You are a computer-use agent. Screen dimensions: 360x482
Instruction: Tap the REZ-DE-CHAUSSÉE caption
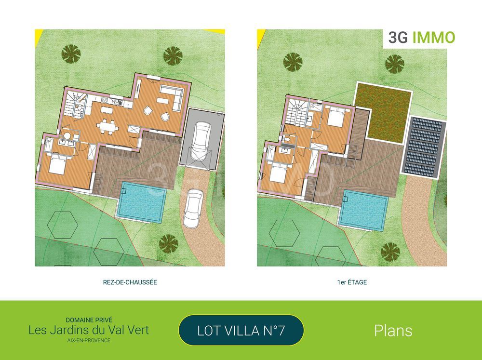point(127,282)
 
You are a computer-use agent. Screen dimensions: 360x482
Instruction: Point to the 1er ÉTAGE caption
point(352,282)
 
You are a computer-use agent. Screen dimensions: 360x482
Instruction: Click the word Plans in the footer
point(393,331)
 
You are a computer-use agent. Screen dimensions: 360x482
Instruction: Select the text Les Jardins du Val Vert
point(89,330)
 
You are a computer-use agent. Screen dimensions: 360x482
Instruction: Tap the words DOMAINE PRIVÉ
point(89,320)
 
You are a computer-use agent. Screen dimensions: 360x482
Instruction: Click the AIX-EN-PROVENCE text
point(89,340)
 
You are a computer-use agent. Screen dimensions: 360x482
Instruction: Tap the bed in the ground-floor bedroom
point(57,165)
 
